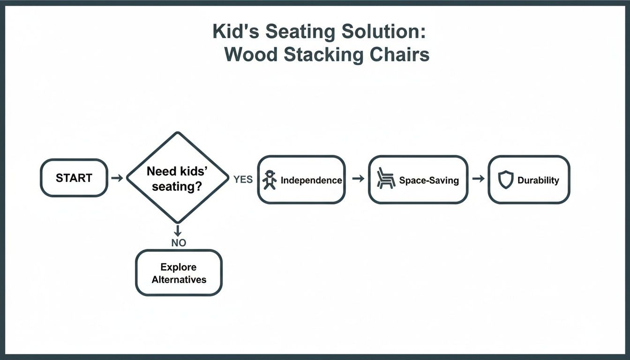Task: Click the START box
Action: [x=74, y=178]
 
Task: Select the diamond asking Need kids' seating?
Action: [x=177, y=178]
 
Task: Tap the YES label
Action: [x=243, y=180]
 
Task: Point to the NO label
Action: [x=179, y=243]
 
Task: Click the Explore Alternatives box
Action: [x=179, y=273]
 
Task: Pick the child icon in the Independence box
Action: [x=270, y=180]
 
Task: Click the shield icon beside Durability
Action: [x=506, y=180]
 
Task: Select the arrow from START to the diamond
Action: [x=117, y=178]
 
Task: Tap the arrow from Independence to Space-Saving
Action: [x=358, y=179]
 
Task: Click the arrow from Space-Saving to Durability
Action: [x=478, y=179]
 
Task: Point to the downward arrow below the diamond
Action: [x=178, y=231]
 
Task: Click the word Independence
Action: [x=311, y=180]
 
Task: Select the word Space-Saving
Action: [x=429, y=180]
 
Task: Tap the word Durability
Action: [x=538, y=180]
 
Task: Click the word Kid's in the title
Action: [x=235, y=32]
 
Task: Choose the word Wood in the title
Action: [x=251, y=54]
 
